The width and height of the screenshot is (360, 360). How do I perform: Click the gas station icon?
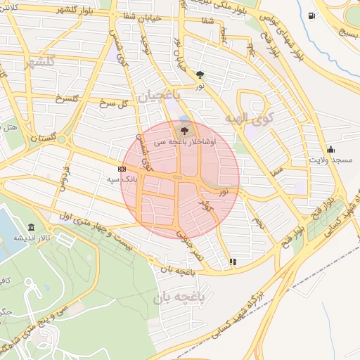click(311, 15)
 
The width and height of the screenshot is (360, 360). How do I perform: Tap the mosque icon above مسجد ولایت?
click(330, 149)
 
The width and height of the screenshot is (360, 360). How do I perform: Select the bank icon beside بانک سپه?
click(122, 169)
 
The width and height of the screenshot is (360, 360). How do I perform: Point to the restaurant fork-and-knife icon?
click(233, 262)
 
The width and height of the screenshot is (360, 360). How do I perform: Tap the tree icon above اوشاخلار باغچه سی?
click(184, 130)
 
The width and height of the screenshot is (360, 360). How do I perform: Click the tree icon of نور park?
click(200, 74)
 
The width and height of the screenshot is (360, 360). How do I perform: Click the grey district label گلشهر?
click(39, 63)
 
